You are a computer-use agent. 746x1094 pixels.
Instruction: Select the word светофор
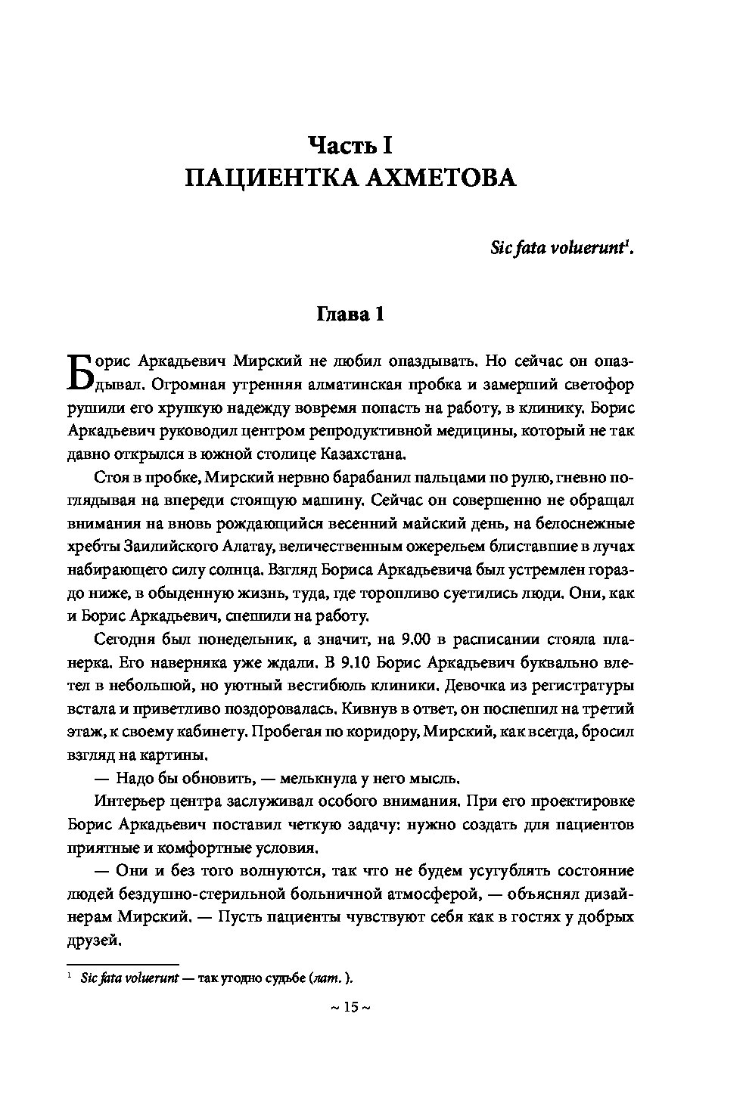click(598, 383)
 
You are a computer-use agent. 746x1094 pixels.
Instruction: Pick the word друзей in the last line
click(94, 941)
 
